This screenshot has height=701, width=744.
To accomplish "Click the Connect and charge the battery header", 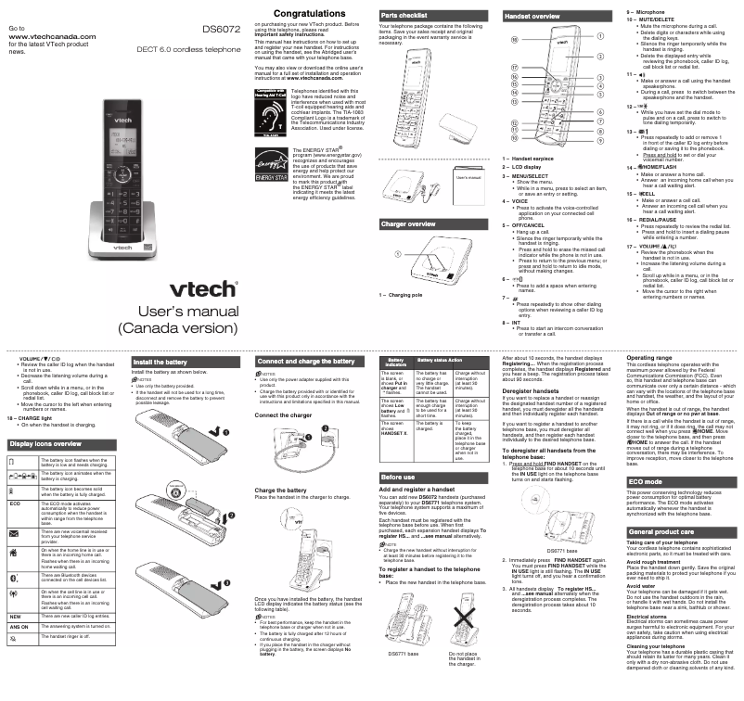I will tap(305, 361).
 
